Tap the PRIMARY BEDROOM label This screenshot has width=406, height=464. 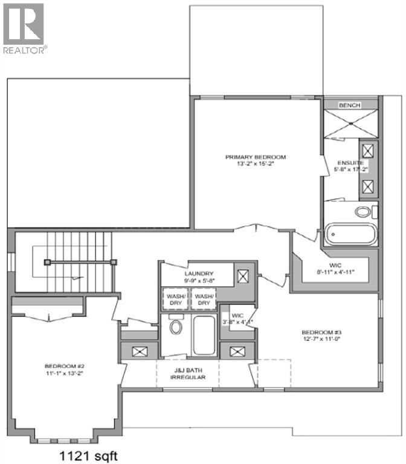point(256,157)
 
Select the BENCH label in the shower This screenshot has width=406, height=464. point(349,105)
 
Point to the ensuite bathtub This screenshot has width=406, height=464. point(350,235)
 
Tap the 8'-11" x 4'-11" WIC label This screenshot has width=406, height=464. point(335,268)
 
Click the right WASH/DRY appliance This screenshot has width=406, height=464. point(204,300)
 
